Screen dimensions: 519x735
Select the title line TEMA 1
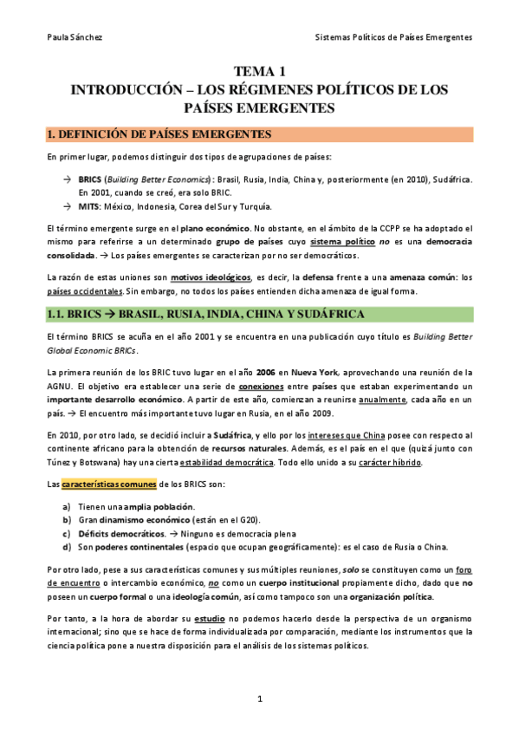(x=259, y=72)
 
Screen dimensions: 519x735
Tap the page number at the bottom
(x=259, y=698)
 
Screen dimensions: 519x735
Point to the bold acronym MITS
(x=88, y=206)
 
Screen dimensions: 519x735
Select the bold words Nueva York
(x=301, y=372)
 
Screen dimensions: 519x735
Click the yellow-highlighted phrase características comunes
(x=104, y=484)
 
